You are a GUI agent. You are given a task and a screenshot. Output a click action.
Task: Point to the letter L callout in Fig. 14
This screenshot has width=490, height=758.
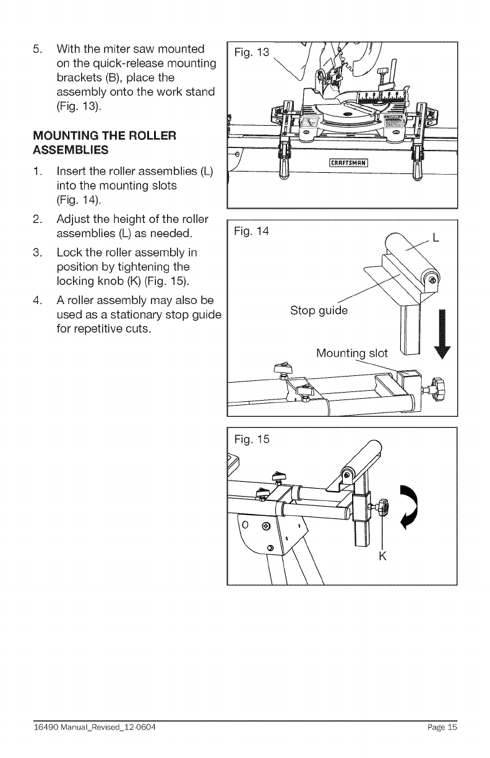[436, 238]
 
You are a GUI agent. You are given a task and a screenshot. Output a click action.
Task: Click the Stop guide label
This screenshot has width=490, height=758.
[319, 310]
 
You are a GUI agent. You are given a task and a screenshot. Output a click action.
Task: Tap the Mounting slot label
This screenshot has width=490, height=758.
[351, 354]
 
